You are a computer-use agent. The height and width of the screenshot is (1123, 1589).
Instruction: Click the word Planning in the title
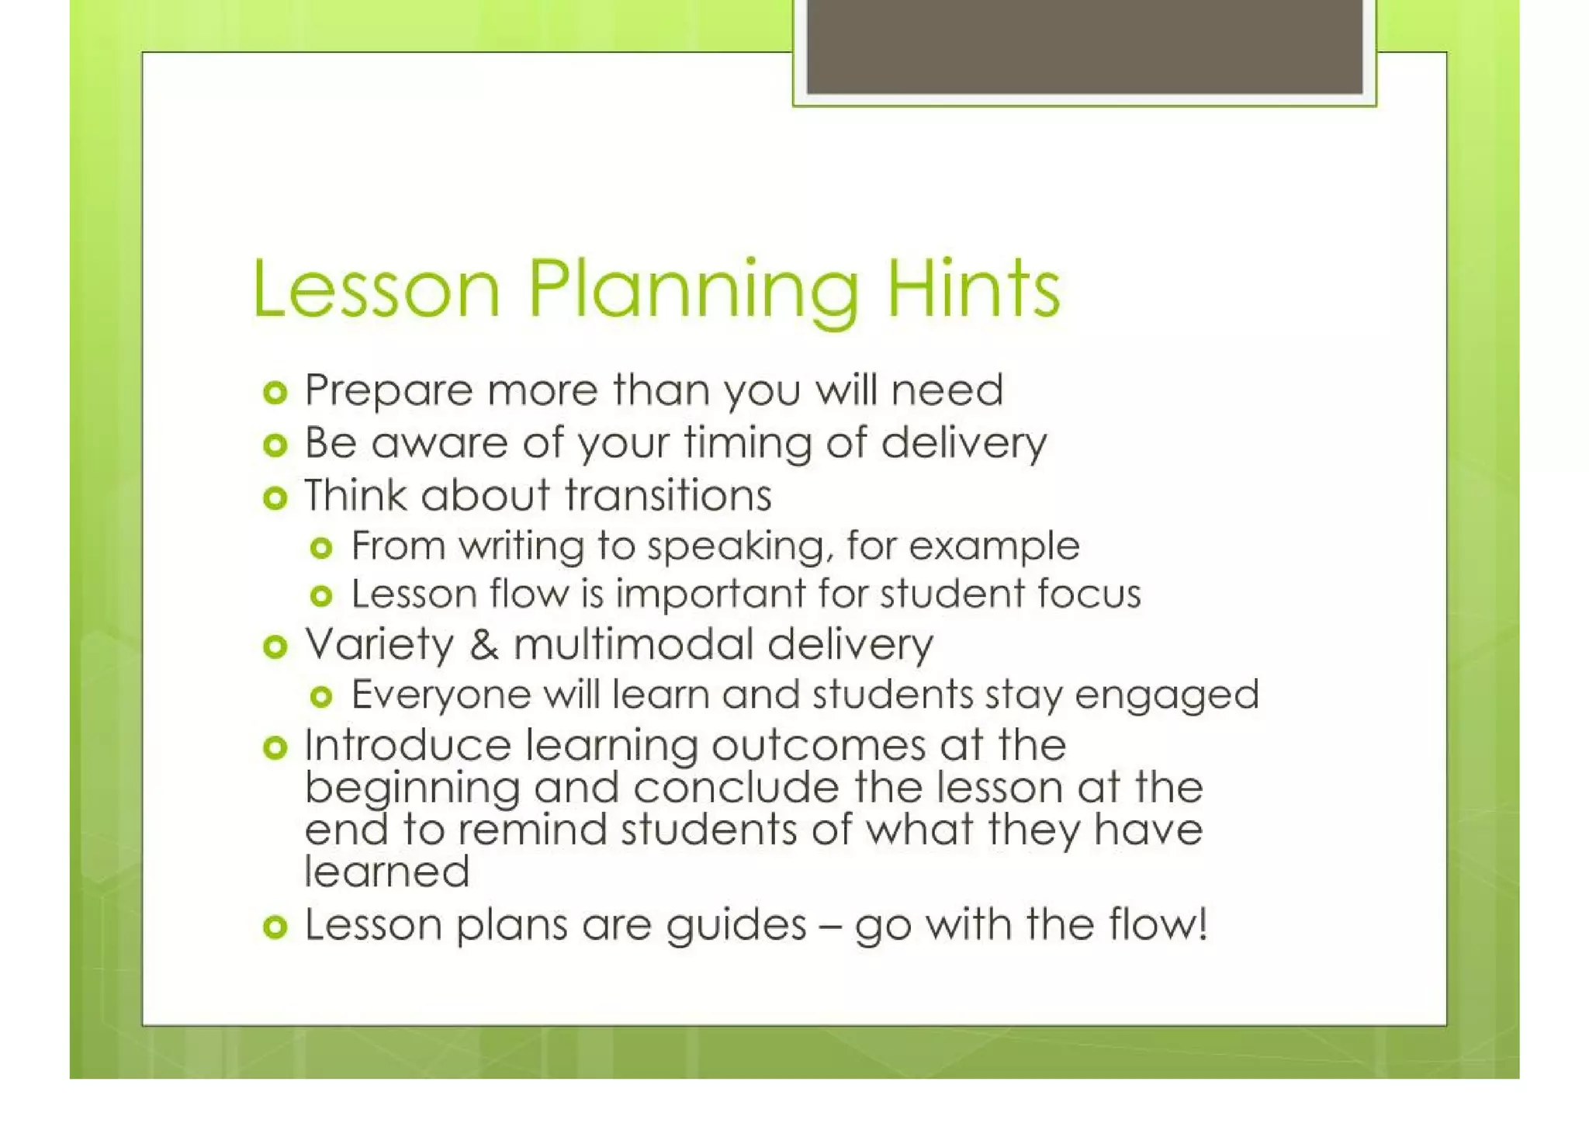tap(694, 290)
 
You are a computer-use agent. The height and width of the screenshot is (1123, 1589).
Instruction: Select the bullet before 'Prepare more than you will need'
tap(275, 393)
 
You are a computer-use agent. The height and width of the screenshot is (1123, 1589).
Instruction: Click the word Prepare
tap(388, 390)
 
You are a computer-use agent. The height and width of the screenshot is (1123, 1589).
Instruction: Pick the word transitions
tap(667, 495)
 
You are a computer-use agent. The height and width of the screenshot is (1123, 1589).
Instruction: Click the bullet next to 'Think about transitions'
tap(275, 497)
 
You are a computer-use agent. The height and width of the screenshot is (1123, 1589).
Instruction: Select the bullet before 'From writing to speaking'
tap(321, 549)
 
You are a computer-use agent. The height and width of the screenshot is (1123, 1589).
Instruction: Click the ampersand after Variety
tap(484, 645)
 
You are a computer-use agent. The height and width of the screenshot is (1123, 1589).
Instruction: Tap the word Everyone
tap(441, 694)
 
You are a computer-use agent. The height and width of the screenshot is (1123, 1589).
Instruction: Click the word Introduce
tap(407, 745)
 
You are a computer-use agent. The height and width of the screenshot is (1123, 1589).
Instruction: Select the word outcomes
tap(819, 745)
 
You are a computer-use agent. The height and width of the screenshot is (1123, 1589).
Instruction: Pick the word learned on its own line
tap(387, 872)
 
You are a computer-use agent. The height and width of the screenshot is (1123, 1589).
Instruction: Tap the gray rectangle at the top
tap(1085, 47)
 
